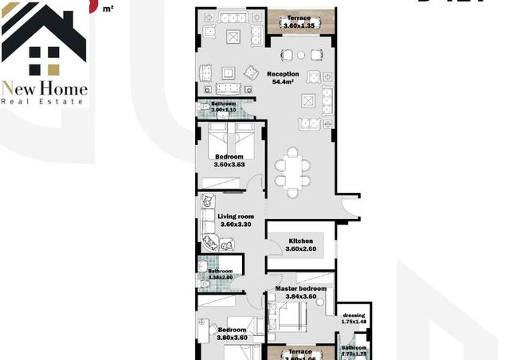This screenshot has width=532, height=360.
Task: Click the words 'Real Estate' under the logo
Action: tap(44, 100)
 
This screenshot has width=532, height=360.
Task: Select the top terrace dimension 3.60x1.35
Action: tap(300, 25)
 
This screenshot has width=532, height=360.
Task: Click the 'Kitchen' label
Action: tap(300, 241)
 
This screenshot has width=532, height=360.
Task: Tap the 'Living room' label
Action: tap(236, 216)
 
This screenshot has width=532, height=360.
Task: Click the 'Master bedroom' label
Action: tap(301, 288)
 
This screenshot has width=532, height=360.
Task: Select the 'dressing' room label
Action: tap(354, 315)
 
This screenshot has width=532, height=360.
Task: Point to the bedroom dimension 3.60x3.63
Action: tap(229, 165)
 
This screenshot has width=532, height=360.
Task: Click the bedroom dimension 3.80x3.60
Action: tap(232, 337)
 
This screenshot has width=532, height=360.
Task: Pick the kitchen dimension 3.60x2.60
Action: tap(300, 249)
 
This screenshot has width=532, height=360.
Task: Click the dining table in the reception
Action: tap(293, 168)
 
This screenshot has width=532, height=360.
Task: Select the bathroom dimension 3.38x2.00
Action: tap(220, 278)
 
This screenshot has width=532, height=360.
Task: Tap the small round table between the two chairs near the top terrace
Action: tap(300, 56)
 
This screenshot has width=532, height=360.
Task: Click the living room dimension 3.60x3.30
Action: tap(236, 225)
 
